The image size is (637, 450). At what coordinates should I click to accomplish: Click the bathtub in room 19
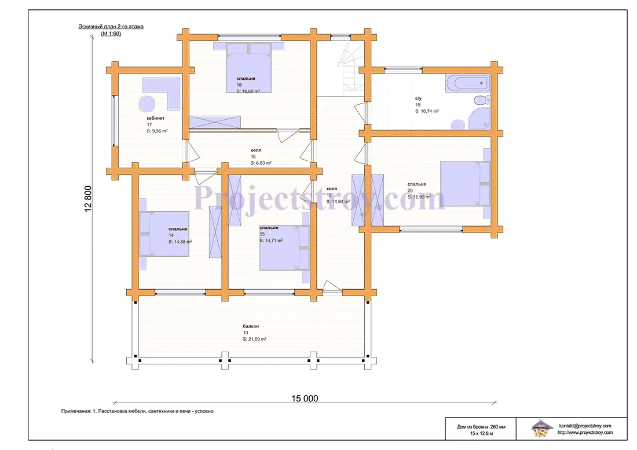467,83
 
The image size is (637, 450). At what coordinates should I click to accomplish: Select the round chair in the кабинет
147,104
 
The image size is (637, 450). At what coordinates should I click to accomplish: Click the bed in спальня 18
248,68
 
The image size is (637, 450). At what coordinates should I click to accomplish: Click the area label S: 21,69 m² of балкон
255,339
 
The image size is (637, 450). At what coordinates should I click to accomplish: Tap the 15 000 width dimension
305,399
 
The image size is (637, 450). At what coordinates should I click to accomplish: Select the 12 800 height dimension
88,199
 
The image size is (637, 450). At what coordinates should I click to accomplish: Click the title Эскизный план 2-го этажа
111,27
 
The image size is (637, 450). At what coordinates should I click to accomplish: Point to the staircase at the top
350,68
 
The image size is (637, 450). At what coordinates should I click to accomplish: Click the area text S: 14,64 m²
338,202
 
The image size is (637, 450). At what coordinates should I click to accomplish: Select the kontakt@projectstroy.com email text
585,426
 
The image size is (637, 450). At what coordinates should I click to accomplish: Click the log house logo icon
541,429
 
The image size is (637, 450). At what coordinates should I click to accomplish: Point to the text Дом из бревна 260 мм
481,427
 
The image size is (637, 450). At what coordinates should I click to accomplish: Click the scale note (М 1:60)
111,34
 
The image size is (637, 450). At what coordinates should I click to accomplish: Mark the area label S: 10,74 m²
427,111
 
